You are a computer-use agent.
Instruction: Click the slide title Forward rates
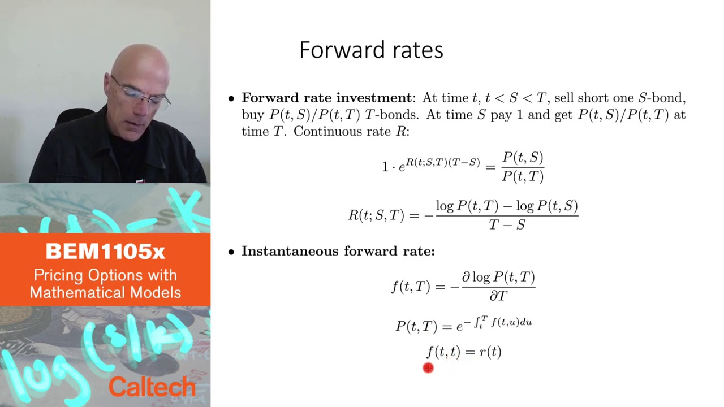click(371, 50)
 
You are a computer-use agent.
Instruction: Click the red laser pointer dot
click(428, 369)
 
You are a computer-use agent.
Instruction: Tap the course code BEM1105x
click(105, 252)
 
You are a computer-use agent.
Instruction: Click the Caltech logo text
click(152, 387)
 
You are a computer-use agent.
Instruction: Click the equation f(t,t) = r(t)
click(463, 352)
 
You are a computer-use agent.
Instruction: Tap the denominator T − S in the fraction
click(507, 225)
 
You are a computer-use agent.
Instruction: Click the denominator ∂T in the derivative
click(498, 296)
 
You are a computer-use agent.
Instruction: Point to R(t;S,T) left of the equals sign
click(376, 215)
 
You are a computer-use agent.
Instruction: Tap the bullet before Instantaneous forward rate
click(231, 252)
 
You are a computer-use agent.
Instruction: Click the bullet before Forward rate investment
click(231, 99)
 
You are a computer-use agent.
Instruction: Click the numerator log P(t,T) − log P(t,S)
click(507, 206)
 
